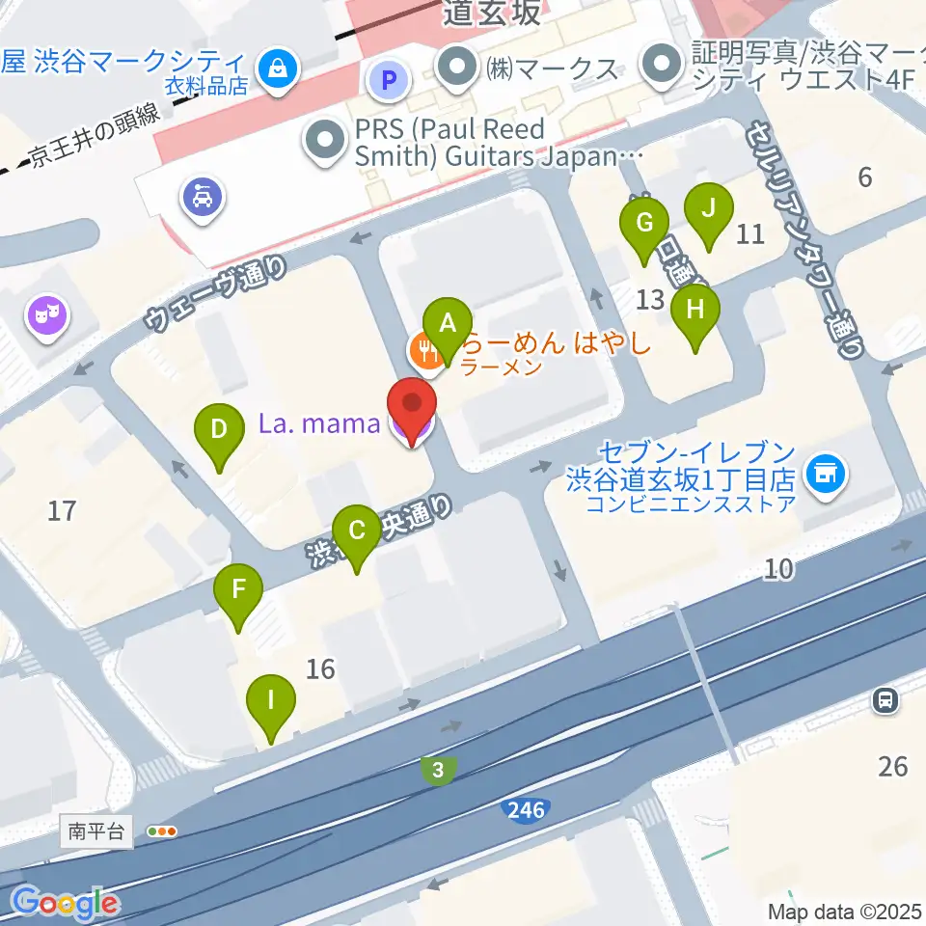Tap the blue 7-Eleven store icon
click(x=825, y=473)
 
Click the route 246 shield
click(x=526, y=810)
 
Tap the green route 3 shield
click(x=439, y=769)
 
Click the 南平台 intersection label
click(x=97, y=831)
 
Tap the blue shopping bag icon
click(x=278, y=68)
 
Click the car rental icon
click(x=203, y=198)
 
